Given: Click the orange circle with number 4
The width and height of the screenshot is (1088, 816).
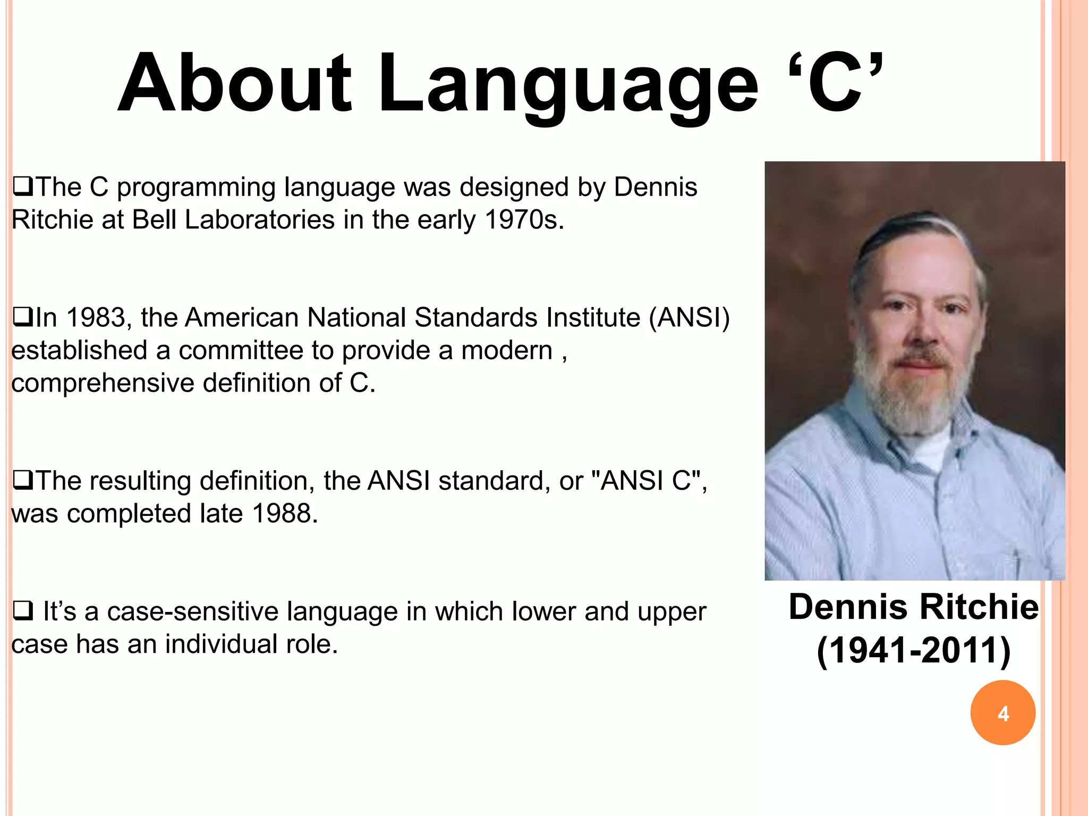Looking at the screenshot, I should coord(1002,712).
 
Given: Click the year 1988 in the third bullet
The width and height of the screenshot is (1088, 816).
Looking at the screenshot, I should coord(284,514).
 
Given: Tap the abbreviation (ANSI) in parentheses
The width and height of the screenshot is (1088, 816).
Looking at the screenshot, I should coord(689,318).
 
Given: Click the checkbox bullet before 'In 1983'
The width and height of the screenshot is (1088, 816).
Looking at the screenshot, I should coord(22,318).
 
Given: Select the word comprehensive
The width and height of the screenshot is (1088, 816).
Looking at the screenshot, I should coord(103,384).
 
